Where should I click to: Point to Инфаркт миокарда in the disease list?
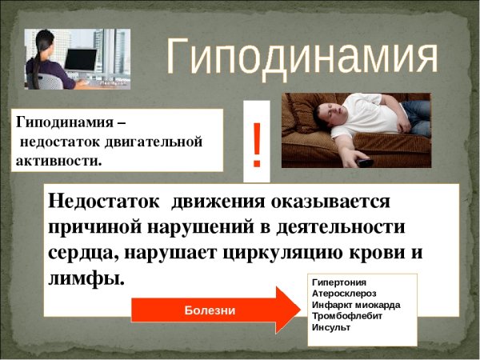click(356, 305)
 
